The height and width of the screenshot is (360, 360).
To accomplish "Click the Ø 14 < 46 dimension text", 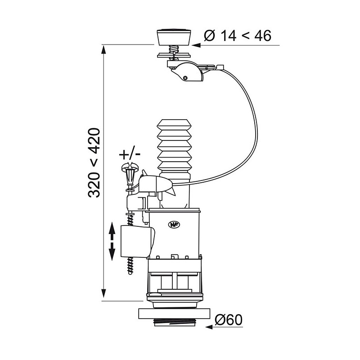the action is click(x=238, y=36).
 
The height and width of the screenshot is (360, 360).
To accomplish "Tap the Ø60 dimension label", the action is click(x=229, y=320).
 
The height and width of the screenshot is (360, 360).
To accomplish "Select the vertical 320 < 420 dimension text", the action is click(x=94, y=163).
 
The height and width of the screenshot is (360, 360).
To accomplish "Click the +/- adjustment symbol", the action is click(x=130, y=154).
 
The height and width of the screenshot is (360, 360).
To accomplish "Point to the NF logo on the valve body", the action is click(x=175, y=225).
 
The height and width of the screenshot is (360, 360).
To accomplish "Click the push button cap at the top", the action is click(x=174, y=37).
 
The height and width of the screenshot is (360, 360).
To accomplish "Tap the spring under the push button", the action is click(x=174, y=49).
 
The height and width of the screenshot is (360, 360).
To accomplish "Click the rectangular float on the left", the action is click(x=138, y=241).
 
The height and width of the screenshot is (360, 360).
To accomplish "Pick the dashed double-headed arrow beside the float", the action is click(x=112, y=241).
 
